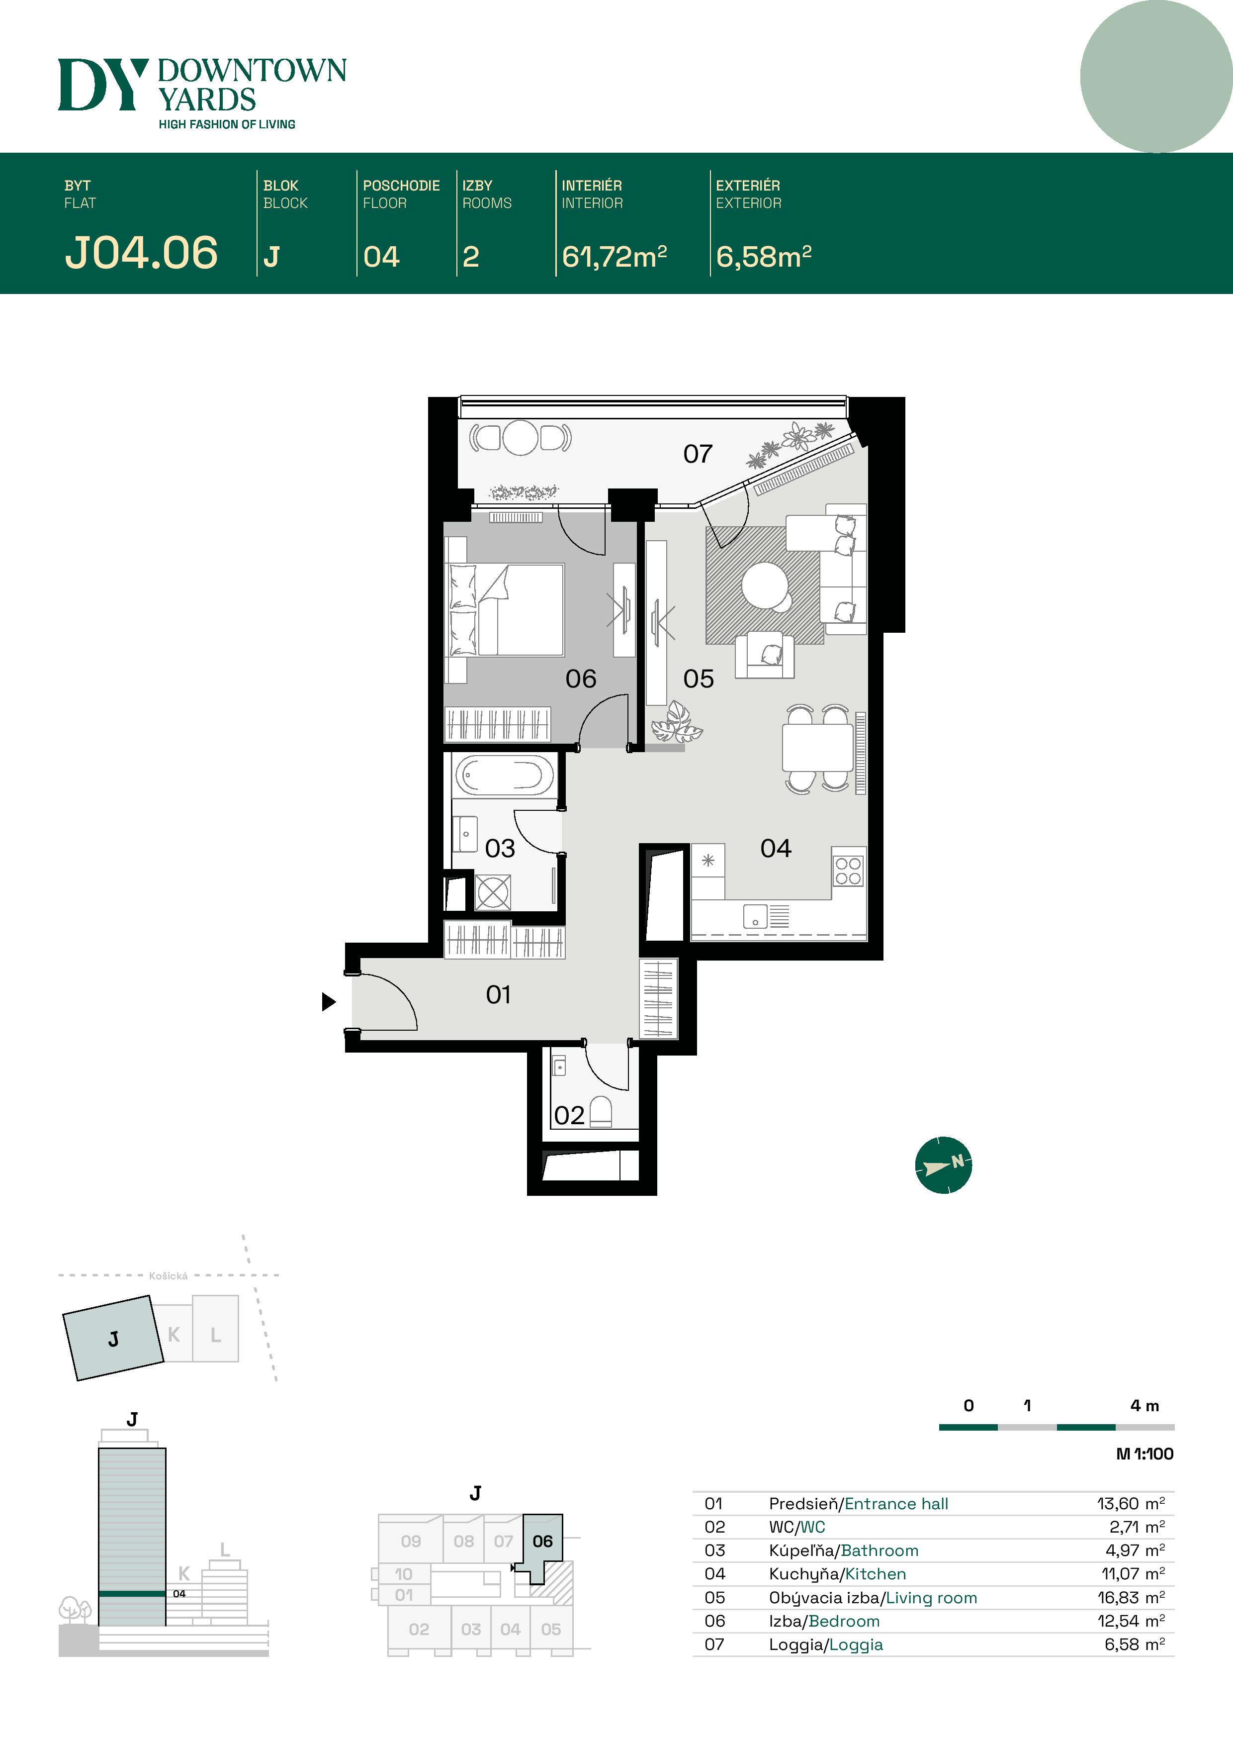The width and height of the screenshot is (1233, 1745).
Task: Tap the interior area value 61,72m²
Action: [x=614, y=257]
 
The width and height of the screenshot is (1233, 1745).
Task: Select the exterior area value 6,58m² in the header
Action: [x=764, y=257]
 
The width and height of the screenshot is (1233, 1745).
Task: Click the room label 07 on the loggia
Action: [x=698, y=454]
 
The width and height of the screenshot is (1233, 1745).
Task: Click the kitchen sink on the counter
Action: [x=755, y=917]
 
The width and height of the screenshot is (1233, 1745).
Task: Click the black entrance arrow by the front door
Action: [x=328, y=1002]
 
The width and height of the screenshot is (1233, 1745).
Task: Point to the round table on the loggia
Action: [x=521, y=438]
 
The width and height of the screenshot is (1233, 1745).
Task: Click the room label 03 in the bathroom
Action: [x=500, y=848]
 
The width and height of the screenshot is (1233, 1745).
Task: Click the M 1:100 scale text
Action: [x=1144, y=1454]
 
